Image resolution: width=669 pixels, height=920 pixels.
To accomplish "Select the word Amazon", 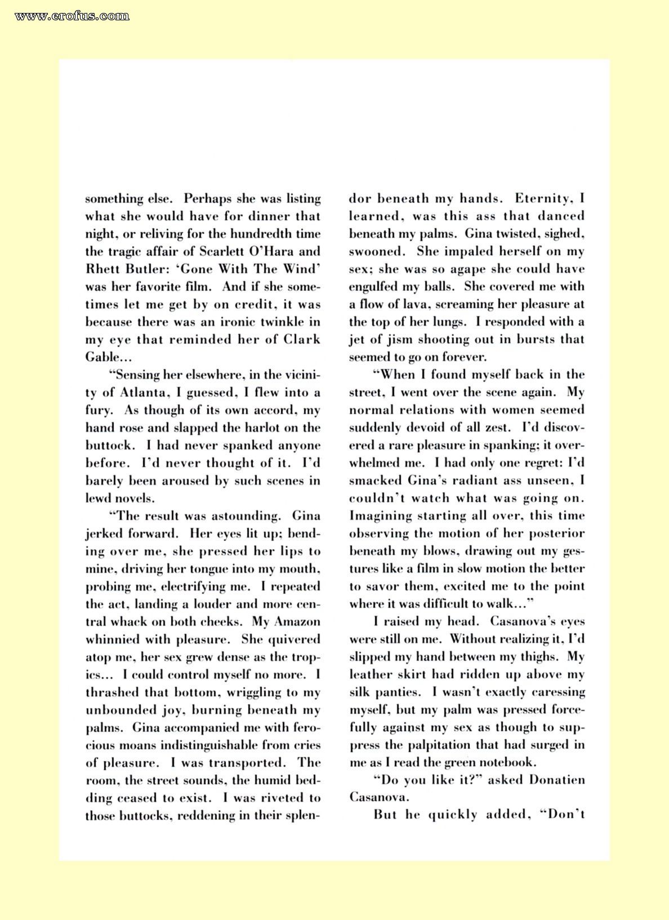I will [x=297, y=622].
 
